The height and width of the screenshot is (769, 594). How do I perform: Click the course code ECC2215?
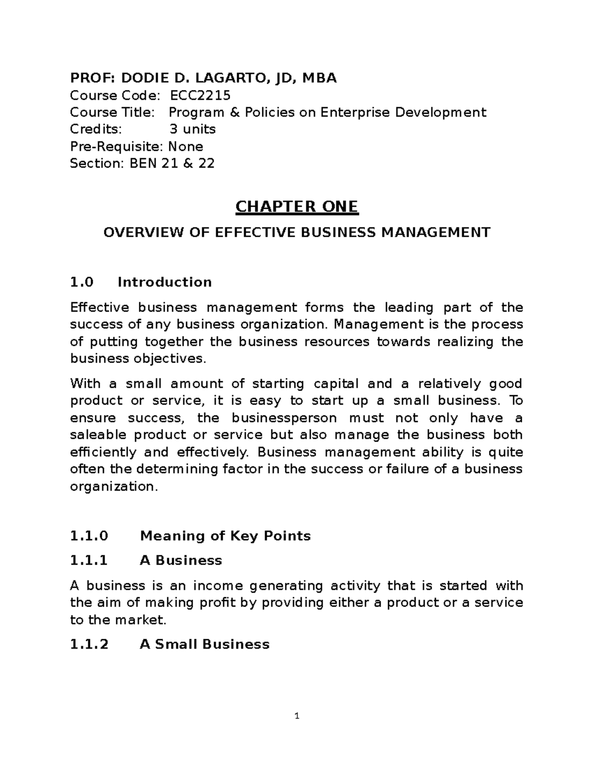(200, 95)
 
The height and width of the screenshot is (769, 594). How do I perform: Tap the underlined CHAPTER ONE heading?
(297, 206)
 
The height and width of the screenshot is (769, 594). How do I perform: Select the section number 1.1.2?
(89, 644)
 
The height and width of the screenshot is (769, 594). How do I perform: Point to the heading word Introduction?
(164, 282)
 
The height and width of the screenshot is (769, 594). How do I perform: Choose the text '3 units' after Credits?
(193, 129)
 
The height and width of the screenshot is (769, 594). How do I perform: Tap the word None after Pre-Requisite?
(186, 147)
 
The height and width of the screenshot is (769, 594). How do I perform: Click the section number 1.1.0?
(89, 536)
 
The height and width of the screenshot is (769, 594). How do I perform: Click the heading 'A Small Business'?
(204, 644)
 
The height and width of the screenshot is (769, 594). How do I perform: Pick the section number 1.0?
(82, 282)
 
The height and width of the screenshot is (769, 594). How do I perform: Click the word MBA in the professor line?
(320, 78)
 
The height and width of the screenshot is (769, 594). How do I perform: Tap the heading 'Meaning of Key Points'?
(225, 536)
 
